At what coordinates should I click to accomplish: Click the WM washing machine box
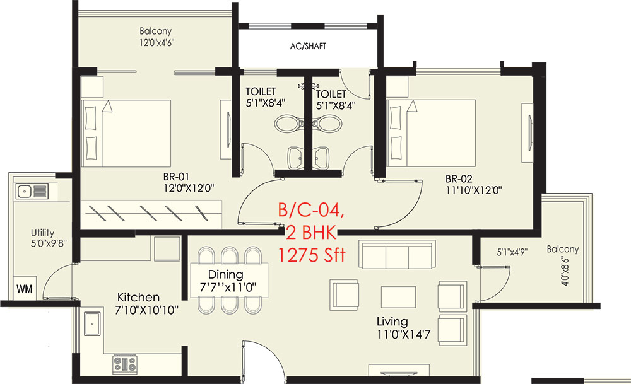(24, 289)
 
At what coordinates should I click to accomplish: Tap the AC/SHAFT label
(308, 47)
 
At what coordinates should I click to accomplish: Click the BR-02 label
(459, 178)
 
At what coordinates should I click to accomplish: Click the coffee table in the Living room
(398, 297)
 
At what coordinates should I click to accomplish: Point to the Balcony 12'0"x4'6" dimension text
(155, 43)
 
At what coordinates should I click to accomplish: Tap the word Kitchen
(138, 297)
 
